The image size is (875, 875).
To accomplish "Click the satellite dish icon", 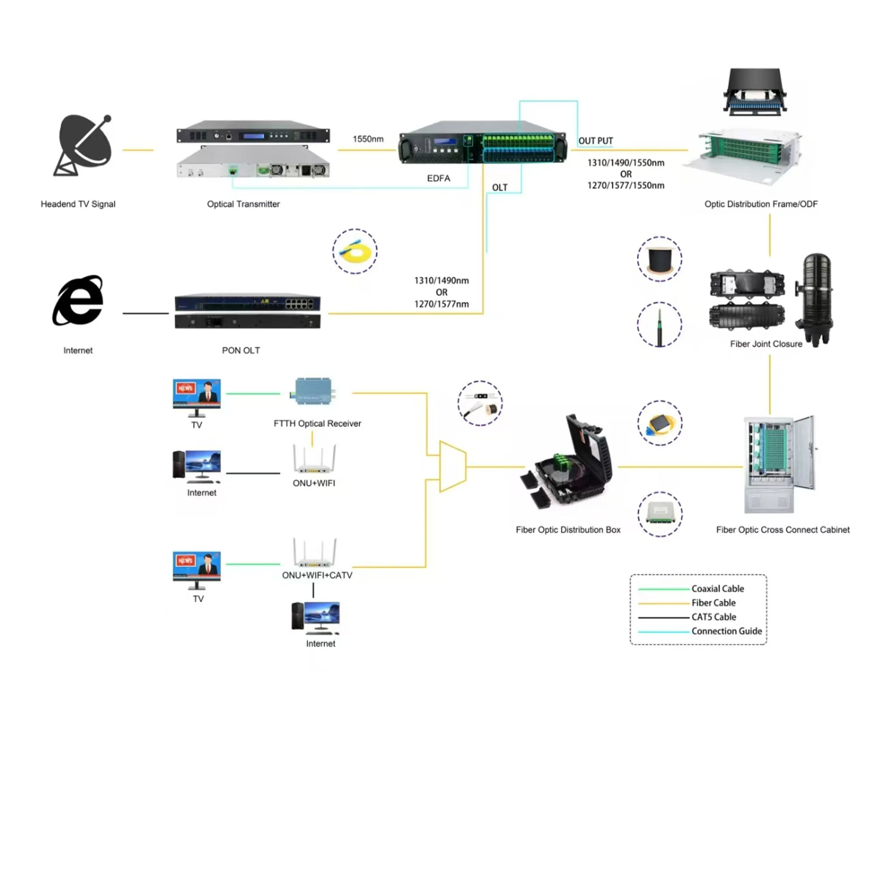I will pos(84,145).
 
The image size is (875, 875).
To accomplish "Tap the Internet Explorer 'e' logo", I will pos(78,301).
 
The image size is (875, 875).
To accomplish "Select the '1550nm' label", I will pos(368,139).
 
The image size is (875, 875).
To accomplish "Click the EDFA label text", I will pos(438,178).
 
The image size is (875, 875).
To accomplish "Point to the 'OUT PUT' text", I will pos(595,141).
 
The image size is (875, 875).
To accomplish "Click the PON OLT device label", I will pos(241,350).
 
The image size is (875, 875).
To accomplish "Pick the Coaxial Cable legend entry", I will pos(717,589).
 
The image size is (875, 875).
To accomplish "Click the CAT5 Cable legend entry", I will pos(713,617).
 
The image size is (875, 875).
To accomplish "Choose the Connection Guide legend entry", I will pos(726,631).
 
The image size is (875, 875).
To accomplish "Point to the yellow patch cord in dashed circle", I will pos(355,252).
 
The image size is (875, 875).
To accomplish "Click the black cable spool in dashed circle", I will pos(660,259).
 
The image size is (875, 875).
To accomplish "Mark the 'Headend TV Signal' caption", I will pos(78,204).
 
